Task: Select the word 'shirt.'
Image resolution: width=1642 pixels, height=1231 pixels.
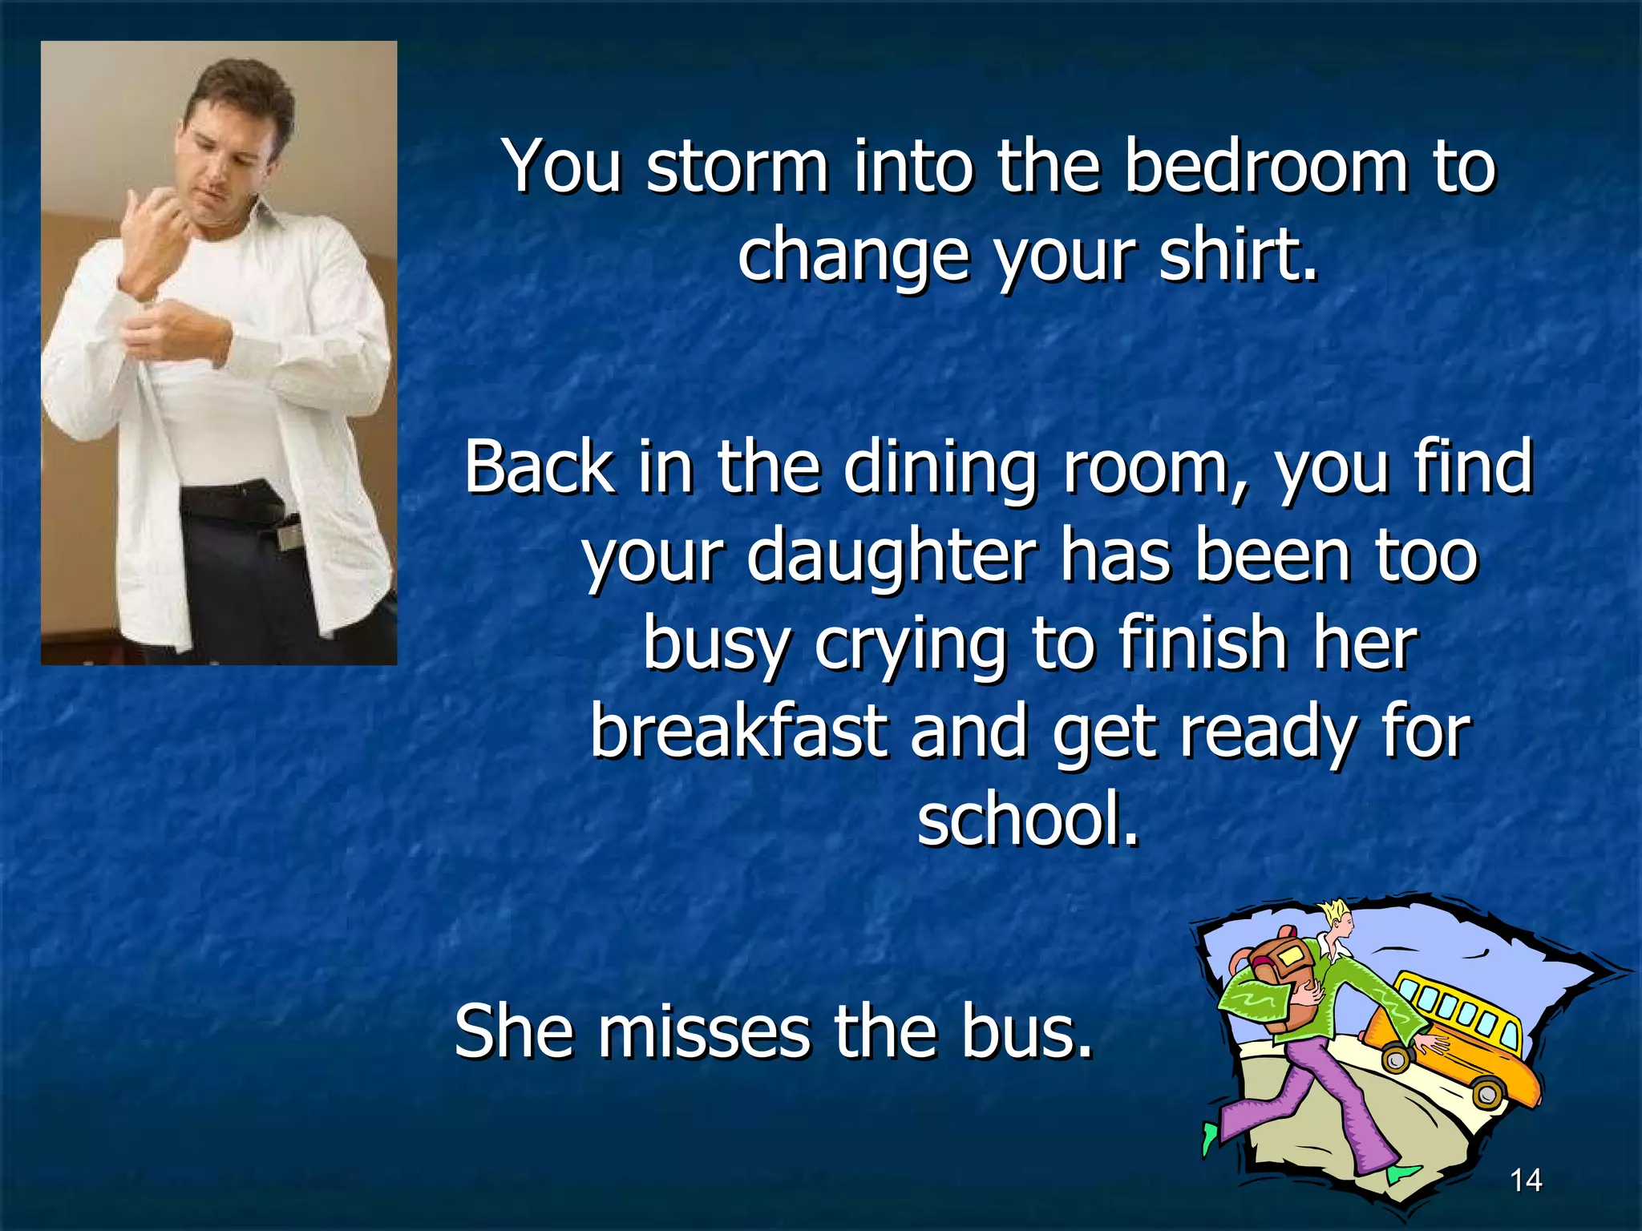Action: pyautogui.click(x=1238, y=254)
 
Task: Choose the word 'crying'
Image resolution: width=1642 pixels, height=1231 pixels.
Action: pyautogui.click(x=910, y=644)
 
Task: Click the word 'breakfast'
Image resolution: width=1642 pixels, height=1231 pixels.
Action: pyautogui.click(x=738, y=731)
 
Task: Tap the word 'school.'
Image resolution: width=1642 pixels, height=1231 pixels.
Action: pyautogui.click(x=1027, y=818)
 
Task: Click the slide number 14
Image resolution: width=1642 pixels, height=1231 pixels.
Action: pyautogui.click(x=1525, y=1180)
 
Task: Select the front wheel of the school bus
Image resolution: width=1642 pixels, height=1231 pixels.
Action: pyautogui.click(x=1488, y=1092)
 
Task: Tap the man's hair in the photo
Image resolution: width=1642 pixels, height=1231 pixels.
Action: pyautogui.click(x=241, y=96)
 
